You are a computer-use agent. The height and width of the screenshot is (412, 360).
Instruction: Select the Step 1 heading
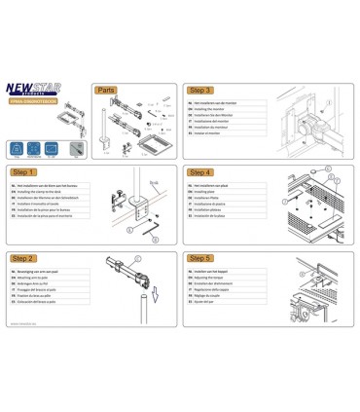pos(25,171)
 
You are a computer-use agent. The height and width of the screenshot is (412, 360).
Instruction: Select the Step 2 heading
pos(25,258)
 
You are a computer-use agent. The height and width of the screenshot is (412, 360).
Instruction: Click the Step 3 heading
pos(203,89)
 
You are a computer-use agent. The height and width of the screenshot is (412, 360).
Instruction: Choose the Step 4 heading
pos(203,171)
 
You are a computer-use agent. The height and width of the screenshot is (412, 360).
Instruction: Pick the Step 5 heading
pos(203,258)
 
